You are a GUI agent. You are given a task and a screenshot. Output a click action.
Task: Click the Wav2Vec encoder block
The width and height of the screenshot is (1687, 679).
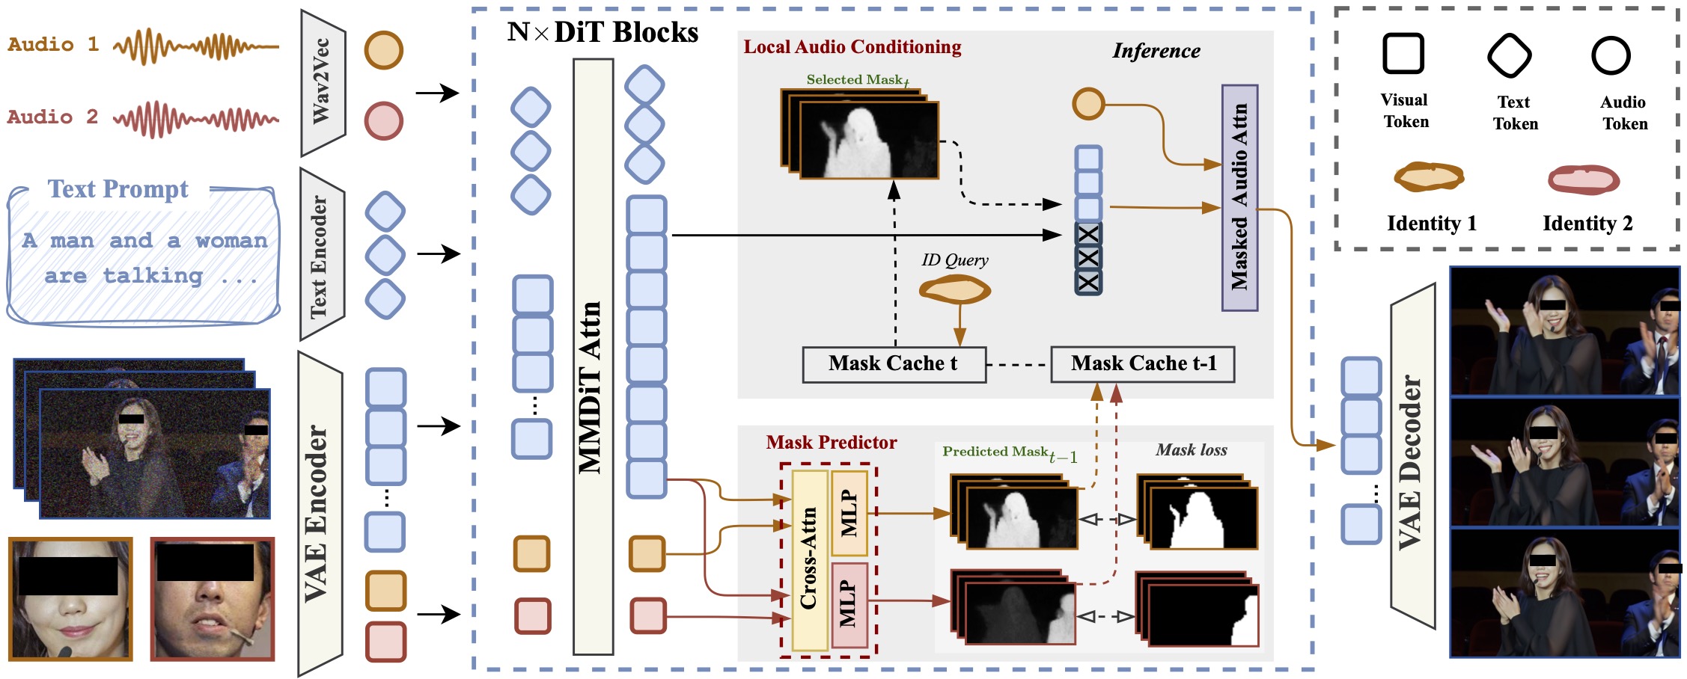tap(322, 82)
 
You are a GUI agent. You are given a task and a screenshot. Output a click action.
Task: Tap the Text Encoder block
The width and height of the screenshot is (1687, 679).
tap(320, 254)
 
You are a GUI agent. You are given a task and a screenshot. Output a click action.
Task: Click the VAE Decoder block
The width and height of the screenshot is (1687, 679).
tap(1412, 456)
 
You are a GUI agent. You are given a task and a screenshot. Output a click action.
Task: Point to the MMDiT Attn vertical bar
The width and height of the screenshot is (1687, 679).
tap(593, 357)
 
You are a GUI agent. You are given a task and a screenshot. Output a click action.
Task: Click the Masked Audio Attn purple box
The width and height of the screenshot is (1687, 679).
tap(1239, 197)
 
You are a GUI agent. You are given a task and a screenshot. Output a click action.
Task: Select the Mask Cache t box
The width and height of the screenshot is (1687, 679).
tap(894, 364)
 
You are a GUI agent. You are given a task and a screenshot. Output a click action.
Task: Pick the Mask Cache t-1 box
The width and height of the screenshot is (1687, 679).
tap(1142, 364)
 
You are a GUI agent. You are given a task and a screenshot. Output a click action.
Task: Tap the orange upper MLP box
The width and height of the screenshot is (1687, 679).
tap(849, 512)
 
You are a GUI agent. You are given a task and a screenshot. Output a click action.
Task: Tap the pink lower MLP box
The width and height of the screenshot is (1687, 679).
tap(849, 605)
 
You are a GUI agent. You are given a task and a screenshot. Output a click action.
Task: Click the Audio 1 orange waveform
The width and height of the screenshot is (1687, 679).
tap(196, 46)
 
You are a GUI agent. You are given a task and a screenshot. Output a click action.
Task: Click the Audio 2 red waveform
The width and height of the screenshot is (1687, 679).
tap(196, 119)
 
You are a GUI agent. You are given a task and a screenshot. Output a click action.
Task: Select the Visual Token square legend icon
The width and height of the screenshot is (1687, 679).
tap(1403, 54)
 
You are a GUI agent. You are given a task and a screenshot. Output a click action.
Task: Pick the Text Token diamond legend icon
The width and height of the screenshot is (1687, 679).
tap(1509, 55)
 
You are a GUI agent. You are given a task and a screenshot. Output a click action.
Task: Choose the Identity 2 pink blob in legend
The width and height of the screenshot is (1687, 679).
tap(1584, 180)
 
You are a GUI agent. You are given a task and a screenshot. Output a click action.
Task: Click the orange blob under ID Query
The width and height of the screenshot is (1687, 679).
tap(955, 289)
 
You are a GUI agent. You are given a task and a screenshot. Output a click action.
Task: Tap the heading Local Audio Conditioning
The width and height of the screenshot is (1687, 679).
tap(852, 47)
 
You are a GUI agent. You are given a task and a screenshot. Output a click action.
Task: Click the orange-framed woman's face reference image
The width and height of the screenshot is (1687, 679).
tap(70, 599)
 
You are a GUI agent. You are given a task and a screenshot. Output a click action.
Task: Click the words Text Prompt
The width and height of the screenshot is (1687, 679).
tap(118, 189)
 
